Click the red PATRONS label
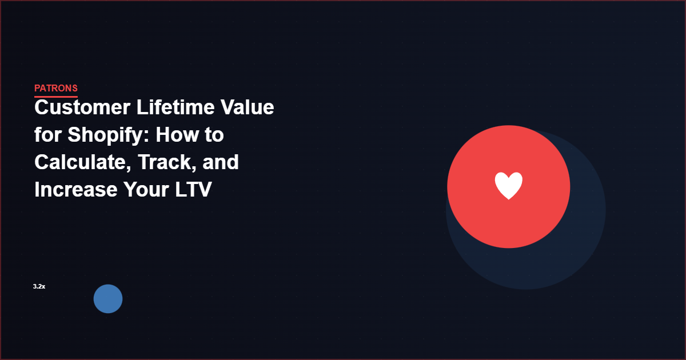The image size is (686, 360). pyautogui.click(x=55, y=88)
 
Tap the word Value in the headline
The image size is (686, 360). pyautogui.click(x=246, y=107)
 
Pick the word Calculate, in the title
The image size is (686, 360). pyautogui.click(x=80, y=162)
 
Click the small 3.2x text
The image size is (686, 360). pyautogui.click(x=39, y=286)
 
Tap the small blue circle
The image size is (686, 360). pyautogui.click(x=108, y=299)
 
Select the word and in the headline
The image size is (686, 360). pyautogui.click(x=221, y=162)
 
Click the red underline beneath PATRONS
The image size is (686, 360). pyautogui.click(x=55, y=97)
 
